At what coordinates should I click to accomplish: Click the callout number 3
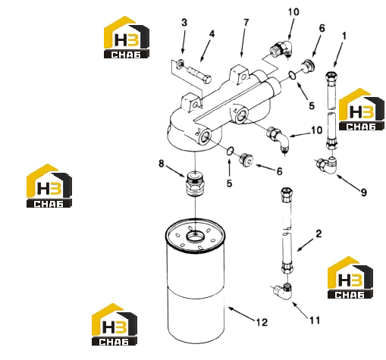pos(184,23)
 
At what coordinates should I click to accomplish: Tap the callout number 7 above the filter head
pos(246,23)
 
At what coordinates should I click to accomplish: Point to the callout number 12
pos(262,322)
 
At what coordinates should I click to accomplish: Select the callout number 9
pos(363,193)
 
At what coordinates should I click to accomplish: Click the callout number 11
pos(315,321)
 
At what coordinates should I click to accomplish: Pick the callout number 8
pos(162,164)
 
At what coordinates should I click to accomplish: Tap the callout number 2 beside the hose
pos(319,233)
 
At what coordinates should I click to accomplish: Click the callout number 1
pos(344,36)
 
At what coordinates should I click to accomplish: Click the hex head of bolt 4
pos(207,80)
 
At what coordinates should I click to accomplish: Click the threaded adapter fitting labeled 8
pos(195,183)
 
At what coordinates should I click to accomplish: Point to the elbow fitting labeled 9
pos(326,164)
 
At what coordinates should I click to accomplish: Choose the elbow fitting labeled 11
pos(282,291)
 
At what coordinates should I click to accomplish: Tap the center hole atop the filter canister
pos(195,236)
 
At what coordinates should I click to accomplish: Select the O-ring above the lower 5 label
pos(230,151)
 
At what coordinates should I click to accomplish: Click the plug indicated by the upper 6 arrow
pos(308,66)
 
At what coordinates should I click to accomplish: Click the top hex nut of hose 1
pos(331,76)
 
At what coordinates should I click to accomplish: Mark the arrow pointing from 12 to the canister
pos(241,314)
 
